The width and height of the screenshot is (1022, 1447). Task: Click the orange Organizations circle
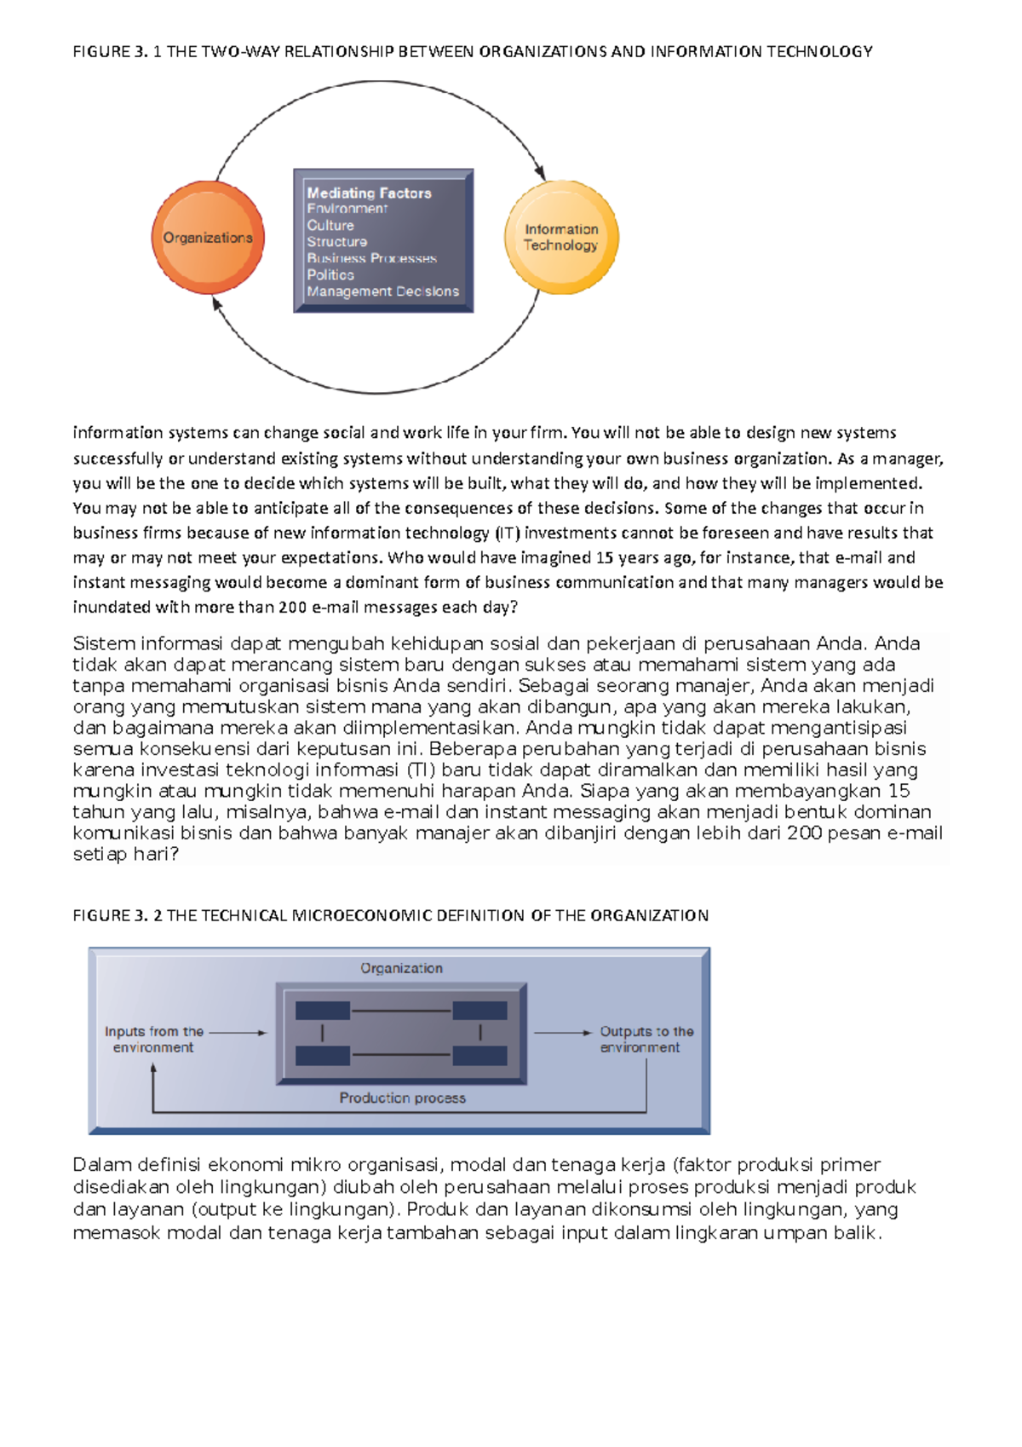(x=208, y=238)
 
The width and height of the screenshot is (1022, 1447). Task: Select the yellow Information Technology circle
(x=561, y=238)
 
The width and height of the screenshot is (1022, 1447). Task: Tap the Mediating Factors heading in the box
(x=369, y=193)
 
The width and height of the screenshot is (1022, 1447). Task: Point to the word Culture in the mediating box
(x=330, y=226)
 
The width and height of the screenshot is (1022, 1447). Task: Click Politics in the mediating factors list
(x=330, y=275)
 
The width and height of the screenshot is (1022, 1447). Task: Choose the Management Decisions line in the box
(x=382, y=291)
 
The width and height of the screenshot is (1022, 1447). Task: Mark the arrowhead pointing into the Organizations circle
(x=216, y=303)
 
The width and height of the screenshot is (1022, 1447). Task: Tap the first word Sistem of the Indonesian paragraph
(x=103, y=643)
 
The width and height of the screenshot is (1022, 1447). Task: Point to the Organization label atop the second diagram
(x=401, y=969)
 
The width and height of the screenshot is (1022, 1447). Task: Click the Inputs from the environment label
(x=153, y=1040)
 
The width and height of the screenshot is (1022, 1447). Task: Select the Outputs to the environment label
(x=646, y=1040)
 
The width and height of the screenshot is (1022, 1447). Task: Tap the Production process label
(x=402, y=1098)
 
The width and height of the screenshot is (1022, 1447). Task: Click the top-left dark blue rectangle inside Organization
(x=323, y=1011)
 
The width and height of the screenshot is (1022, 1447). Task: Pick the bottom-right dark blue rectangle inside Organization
(x=479, y=1056)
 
